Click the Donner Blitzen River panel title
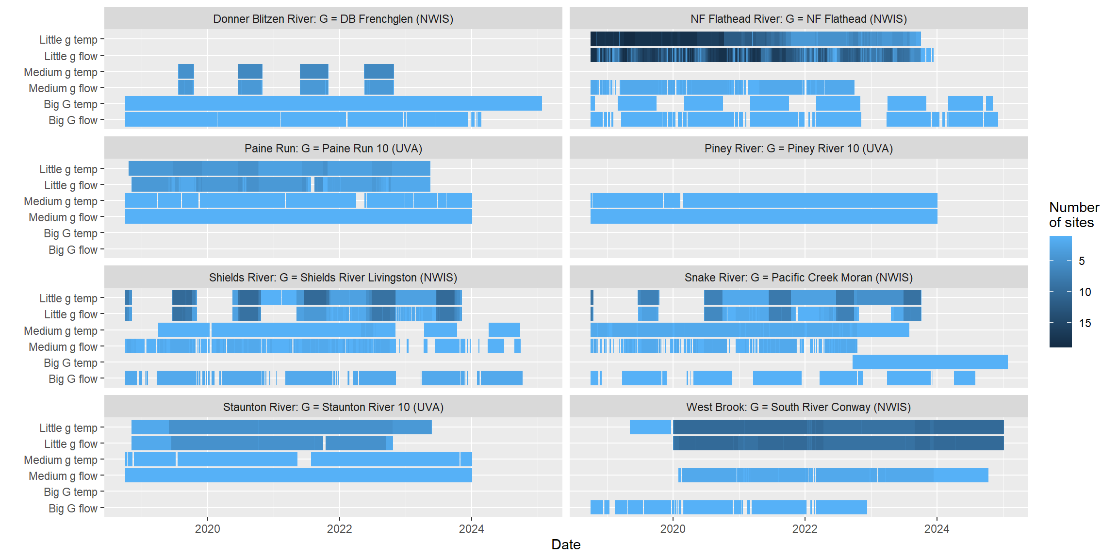[333, 19]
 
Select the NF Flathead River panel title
[798, 19]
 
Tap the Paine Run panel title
[333, 148]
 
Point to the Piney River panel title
[798, 148]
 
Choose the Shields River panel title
[333, 278]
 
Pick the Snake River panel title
[798, 278]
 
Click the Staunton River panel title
[333, 407]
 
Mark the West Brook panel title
[798, 407]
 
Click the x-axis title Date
[566, 544]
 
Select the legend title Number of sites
[1074, 215]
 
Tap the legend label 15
[1085, 323]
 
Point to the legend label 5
[1082, 261]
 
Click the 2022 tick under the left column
[339, 529]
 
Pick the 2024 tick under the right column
[937, 529]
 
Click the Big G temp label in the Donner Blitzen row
[70, 104]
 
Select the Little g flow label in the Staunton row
[71, 444]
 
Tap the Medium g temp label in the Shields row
[61, 331]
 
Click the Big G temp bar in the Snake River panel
[930, 362]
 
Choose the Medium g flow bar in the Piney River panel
[764, 216]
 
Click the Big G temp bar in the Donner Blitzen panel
[333, 103]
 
